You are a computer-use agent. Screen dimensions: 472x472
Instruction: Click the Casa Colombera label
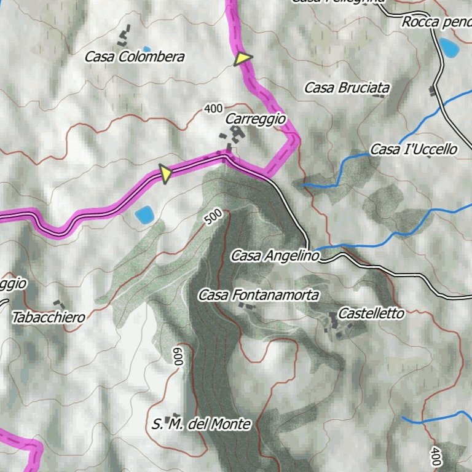(x=135, y=57)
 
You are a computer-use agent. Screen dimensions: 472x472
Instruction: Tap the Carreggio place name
(x=256, y=119)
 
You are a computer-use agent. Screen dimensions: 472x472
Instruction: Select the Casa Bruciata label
(x=347, y=88)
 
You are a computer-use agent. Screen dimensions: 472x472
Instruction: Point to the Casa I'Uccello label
(x=414, y=149)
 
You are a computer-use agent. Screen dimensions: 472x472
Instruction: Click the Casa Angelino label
(x=275, y=256)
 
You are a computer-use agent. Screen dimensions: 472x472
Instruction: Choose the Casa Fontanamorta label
(x=259, y=296)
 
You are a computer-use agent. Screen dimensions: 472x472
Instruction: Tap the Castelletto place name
(x=371, y=313)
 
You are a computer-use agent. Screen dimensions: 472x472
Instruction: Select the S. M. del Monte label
(x=201, y=424)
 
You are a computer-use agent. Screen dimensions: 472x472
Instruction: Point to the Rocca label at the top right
(x=436, y=23)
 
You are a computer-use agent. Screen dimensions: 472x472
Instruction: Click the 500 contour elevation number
(x=213, y=217)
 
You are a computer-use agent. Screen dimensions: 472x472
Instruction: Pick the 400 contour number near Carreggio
(x=213, y=109)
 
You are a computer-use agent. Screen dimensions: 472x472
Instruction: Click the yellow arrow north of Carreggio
(x=243, y=59)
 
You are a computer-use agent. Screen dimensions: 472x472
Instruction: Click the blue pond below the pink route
(x=144, y=215)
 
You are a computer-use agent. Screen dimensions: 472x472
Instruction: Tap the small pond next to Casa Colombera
(x=146, y=49)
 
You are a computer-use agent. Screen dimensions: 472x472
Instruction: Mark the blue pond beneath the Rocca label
(x=448, y=47)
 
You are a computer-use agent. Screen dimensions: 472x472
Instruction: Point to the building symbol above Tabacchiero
(x=60, y=305)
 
